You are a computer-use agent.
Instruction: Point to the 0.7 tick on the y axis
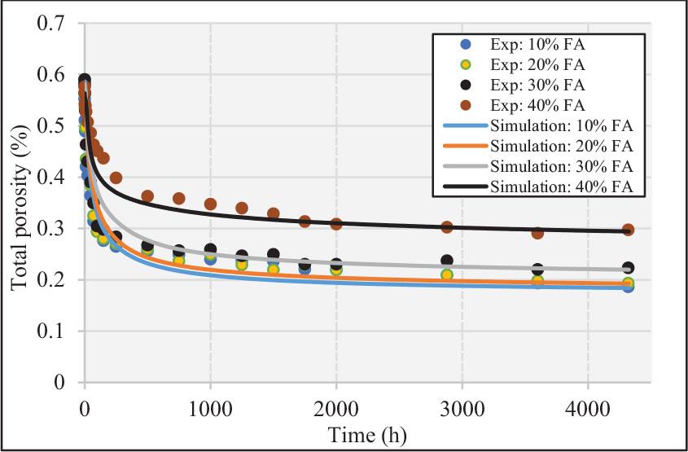click(x=50, y=23)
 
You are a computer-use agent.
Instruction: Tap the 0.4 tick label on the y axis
click(x=50, y=177)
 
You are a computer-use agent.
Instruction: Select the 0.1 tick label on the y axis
click(x=50, y=331)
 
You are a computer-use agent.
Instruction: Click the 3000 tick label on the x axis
click(x=462, y=407)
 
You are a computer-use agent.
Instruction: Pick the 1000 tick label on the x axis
click(x=210, y=407)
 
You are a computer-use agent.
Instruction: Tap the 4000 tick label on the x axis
click(x=588, y=407)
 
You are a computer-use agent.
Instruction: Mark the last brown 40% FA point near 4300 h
click(x=628, y=230)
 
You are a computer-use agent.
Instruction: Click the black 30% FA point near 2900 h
click(x=447, y=261)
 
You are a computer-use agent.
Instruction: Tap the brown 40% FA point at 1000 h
click(x=211, y=204)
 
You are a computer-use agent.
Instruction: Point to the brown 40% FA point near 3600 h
click(x=537, y=233)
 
